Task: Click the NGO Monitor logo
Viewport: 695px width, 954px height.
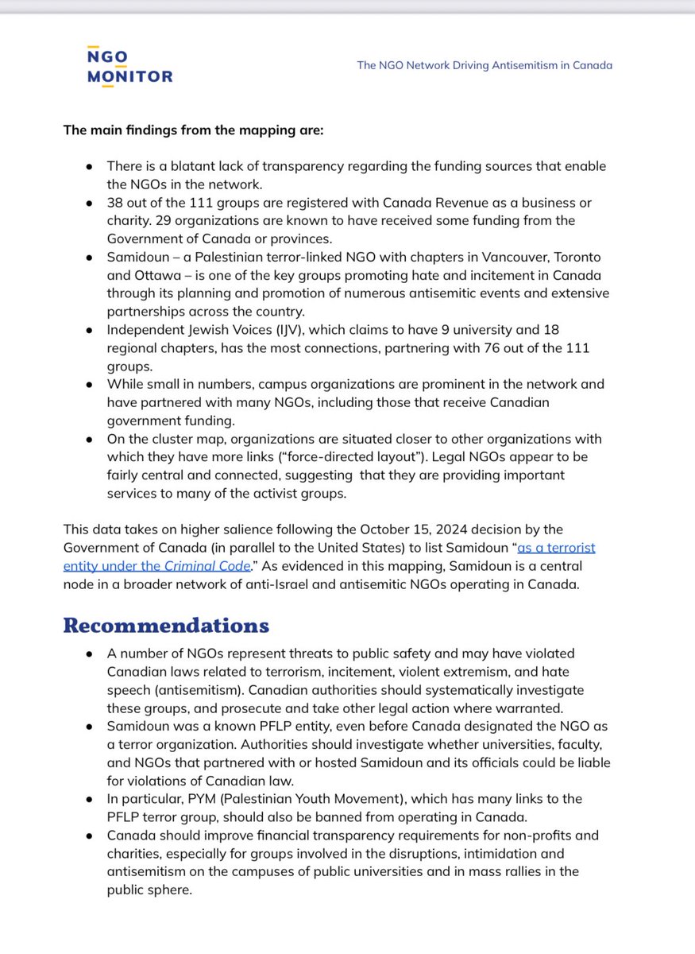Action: coord(130,66)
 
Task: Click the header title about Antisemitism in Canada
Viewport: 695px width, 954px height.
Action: coord(485,65)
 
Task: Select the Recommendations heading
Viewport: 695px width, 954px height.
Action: coord(166,625)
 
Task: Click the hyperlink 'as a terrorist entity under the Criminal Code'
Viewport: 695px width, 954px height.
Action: coord(329,557)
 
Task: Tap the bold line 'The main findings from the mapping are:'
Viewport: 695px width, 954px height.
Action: coord(193,130)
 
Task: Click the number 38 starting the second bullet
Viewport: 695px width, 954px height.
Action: coord(115,203)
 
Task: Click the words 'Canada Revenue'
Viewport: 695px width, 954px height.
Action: coord(402,203)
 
